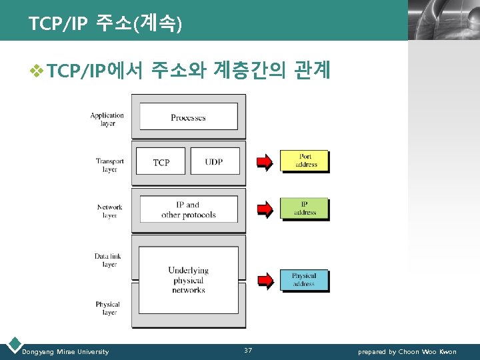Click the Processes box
pyautogui.click(x=188, y=117)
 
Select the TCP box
pyautogui.click(x=161, y=162)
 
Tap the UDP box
pyautogui.click(x=215, y=162)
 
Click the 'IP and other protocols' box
pyautogui.click(x=188, y=209)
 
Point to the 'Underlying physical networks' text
pyautogui.click(x=188, y=280)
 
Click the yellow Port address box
pyautogui.click(x=305, y=161)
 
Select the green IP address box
pyautogui.click(x=305, y=209)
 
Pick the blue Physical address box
pyautogui.click(x=304, y=280)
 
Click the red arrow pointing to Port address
pyautogui.click(x=265, y=161)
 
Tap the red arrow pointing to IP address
pyautogui.click(x=265, y=209)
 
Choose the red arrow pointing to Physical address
pyautogui.click(x=265, y=280)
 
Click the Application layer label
pyautogui.click(x=107, y=119)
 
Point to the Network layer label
pyautogui.click(x=109, y=211)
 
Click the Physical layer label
pyautogui.click(x=107, y=308)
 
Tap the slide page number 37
pyautogui.click(x=248, y=351)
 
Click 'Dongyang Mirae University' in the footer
pyautogui.click(x=65, y=351)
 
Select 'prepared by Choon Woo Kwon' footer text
pyautogui.click(x=407, y=351)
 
